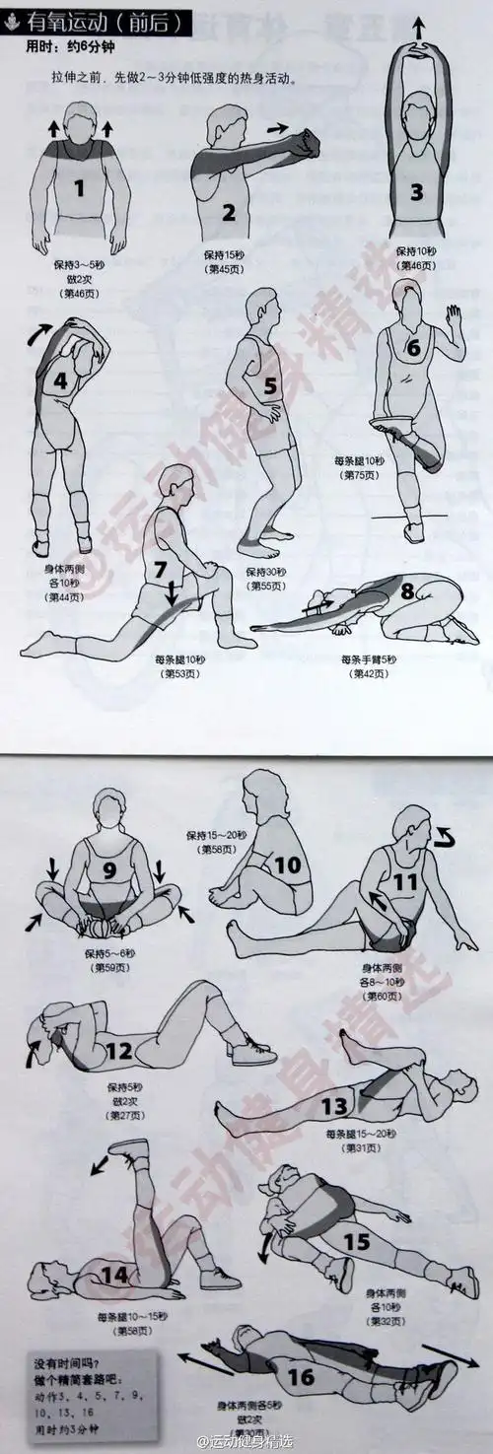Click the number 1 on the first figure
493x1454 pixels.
pyautogui.click(x=80, y=184)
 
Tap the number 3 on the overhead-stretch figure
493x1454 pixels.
pyautogui.click(x=416, y=192)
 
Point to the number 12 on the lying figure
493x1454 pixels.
pyautogui.click(x=118, y=1052)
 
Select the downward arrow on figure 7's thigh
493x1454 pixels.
pyautogui.click(x=172, y=592)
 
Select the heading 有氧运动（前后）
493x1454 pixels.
pyautogui.click(x=99, y=19)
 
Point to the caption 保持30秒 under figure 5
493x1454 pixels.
pyautogui.click(x=266, y=572)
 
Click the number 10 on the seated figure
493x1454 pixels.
pyautogui.click(x=286, y=865)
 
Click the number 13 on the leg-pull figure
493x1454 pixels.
pyautogui.click(x=335, y=1104)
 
